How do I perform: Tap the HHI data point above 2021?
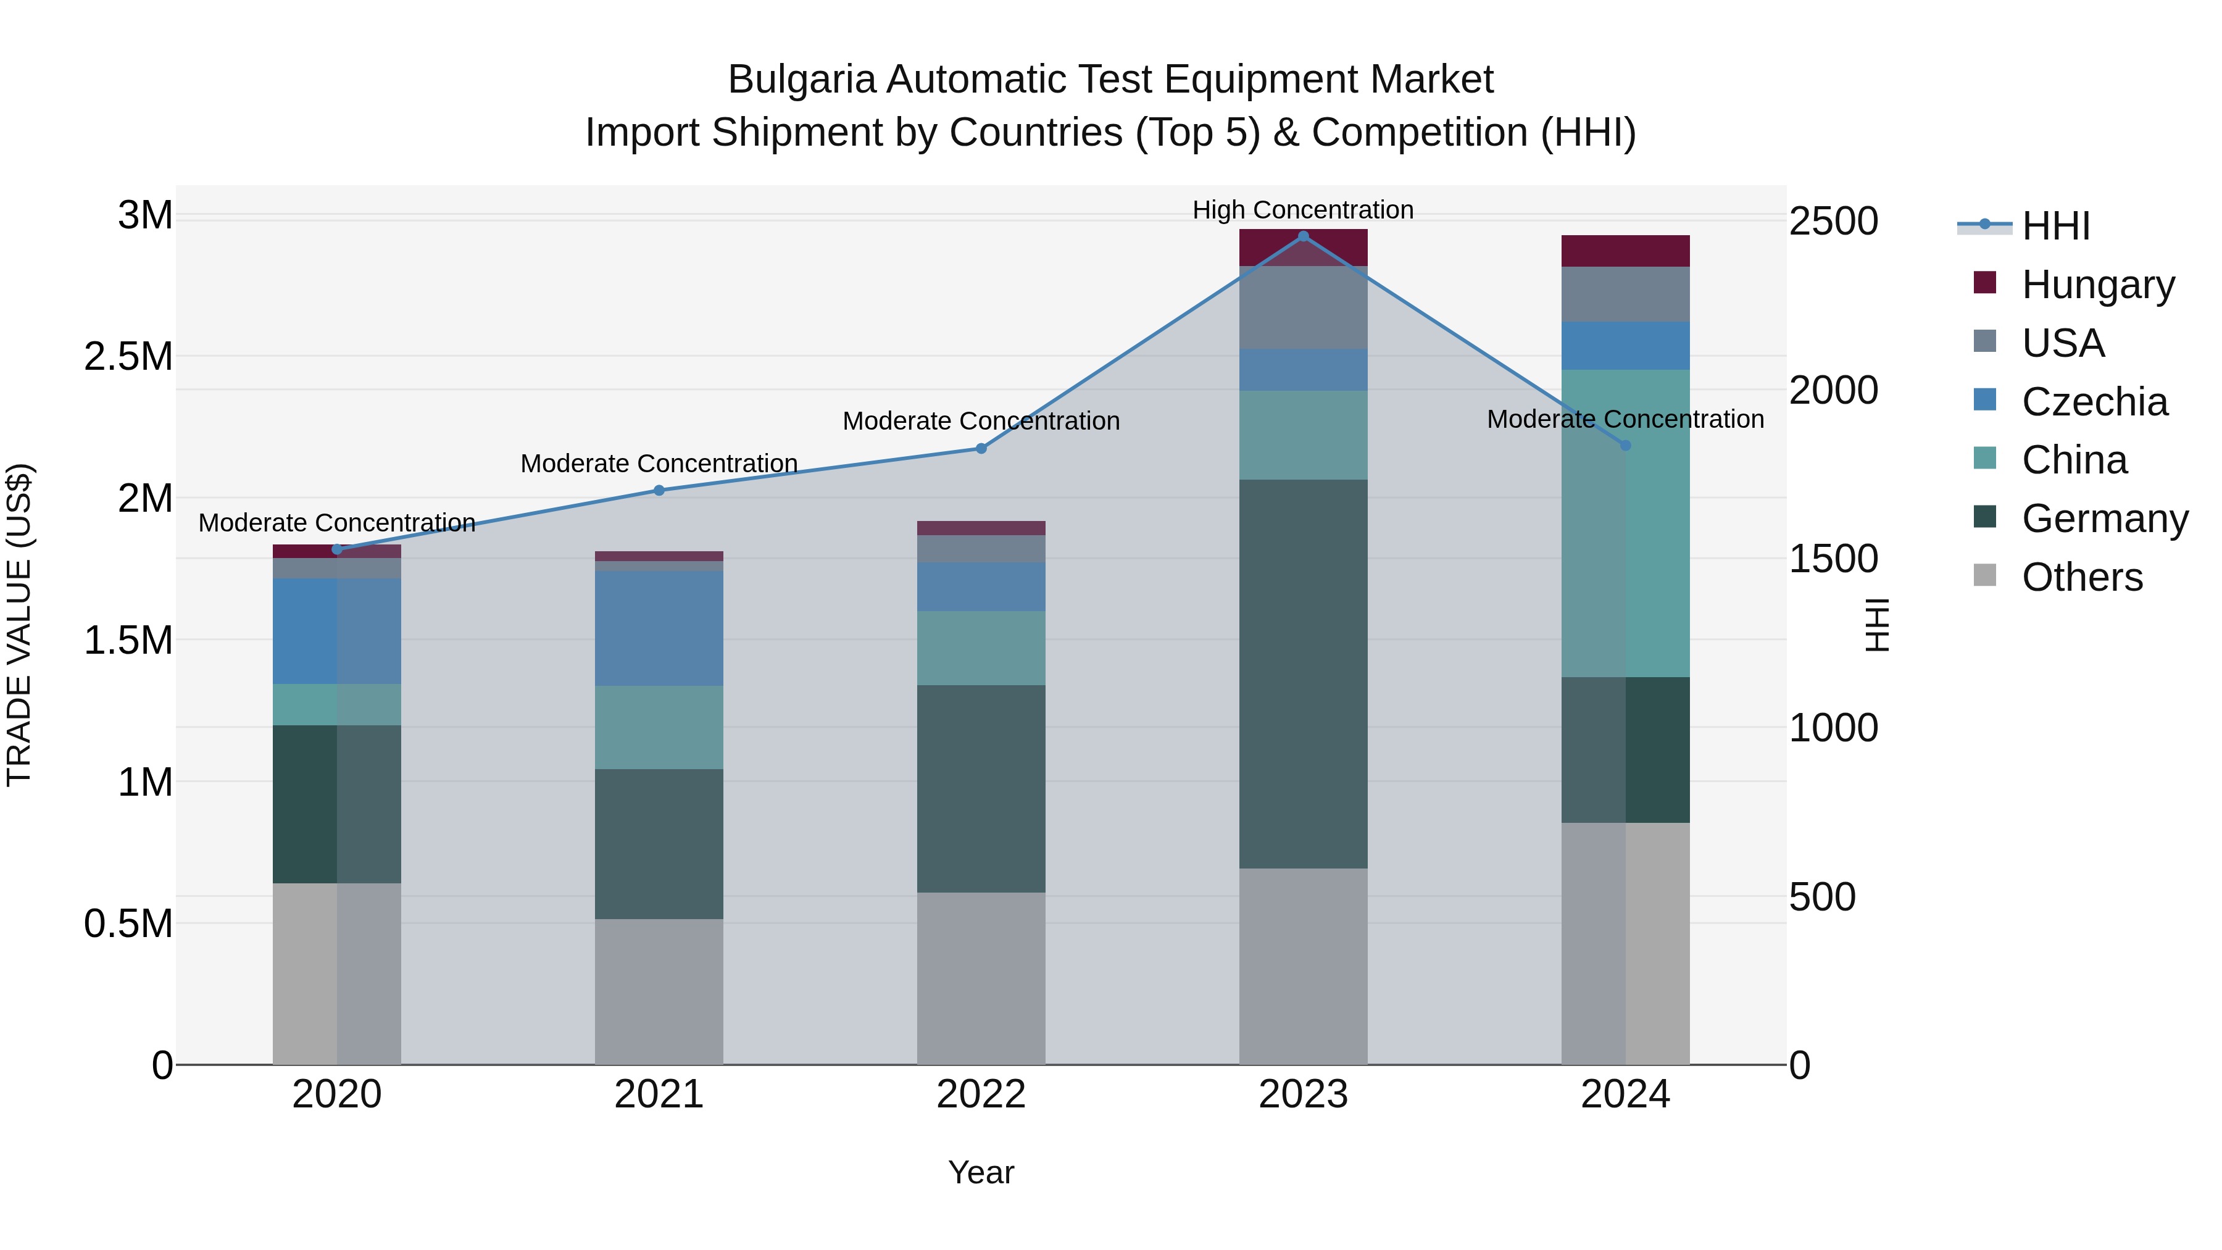pyautogui.click(x=659, y=490)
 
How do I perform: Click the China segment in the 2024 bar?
pyautogui.click(x=1625, y=523)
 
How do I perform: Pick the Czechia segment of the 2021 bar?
pyautogui.click(x=659, y=628)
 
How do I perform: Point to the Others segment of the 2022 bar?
pyautogui.click(x=981, y=978)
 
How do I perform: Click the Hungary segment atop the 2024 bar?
pyautogui.click(x=1625, y=251)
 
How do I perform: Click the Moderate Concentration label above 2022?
pyautogui.click(x=981, y=421)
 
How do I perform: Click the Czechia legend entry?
pyautogui.click(x=2094, y=401)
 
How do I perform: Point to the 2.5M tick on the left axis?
pyautogui.click(x=128, y=356)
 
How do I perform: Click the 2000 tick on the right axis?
pyautogui.click(x=1833, y=390)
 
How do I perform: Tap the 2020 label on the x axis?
pyautogui.click(x=336, y=1094)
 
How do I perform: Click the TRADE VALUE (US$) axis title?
pyautogui.click(x=19, y=625)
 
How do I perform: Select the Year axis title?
pyautogui.click(x=981, y=1172)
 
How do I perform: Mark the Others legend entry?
pyautogui.click(x=2081, y=577)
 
